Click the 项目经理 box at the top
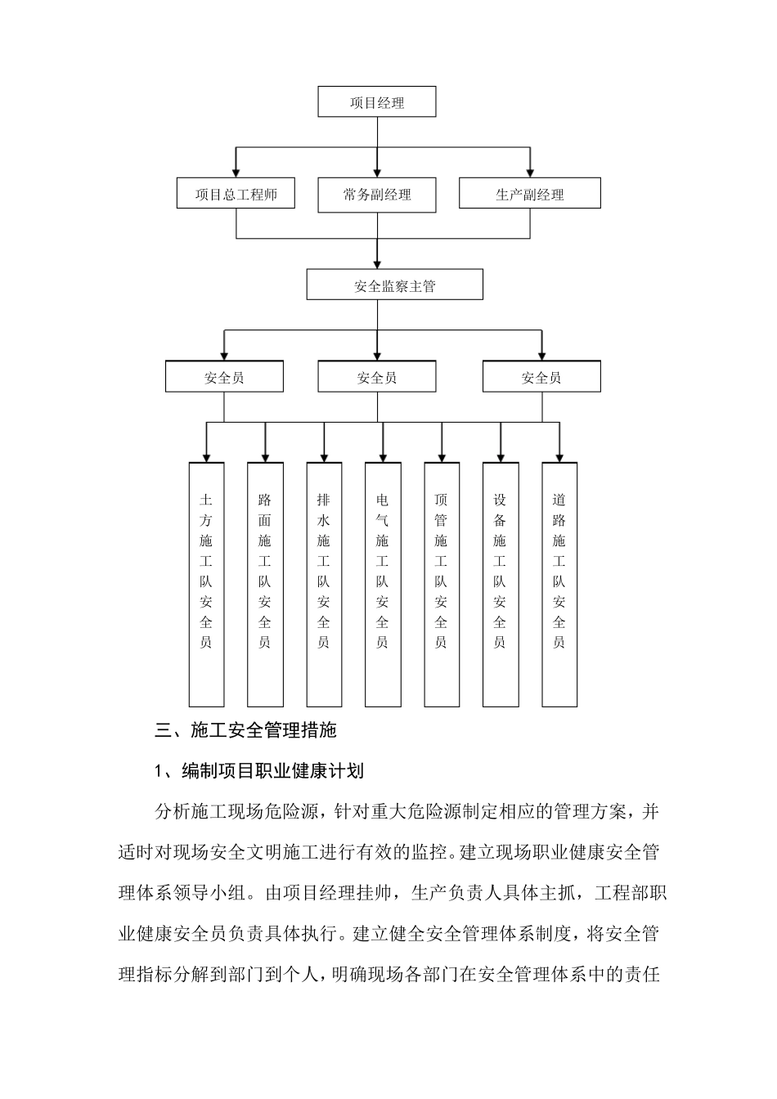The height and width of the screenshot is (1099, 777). pyautogui.click(x=377, y=103)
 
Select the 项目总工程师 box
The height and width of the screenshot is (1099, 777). pyautogui.click(x=236, y=195)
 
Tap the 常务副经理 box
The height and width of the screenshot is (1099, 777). pyautogui.click(x=377, y=195)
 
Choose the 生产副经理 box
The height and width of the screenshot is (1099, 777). pyautogui.click(x=529, y=195)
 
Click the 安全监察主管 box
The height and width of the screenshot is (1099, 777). pyautogui.click(x=394, y=285)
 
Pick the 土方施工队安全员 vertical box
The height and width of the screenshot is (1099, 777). pyautogui.click(x=206, y=584)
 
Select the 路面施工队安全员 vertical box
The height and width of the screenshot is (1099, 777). pyautogui.click(x=265, y=584)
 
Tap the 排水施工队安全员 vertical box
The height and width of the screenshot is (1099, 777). pyautogui.click(x=324, y=584)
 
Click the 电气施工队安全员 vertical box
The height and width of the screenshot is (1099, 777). pyautogui.click(x=383, y=584)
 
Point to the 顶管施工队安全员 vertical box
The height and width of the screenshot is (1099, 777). pyautogui.click(x=442, y=584)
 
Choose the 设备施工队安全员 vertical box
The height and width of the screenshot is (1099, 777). pyautogui.click(x=501, y=584)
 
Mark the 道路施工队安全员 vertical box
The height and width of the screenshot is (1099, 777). pyautogui.click(x=559, y=584)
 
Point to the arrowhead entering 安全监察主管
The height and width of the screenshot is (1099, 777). pyautogui.click(x=377, y=263)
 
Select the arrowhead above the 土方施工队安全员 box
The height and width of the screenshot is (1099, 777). pyautogui.click(x=206, y=455)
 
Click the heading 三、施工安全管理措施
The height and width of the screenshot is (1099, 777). pyautogui.click(x=245, y=730)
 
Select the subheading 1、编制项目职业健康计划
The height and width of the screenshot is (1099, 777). pyautogui.click(x=259, y=770)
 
